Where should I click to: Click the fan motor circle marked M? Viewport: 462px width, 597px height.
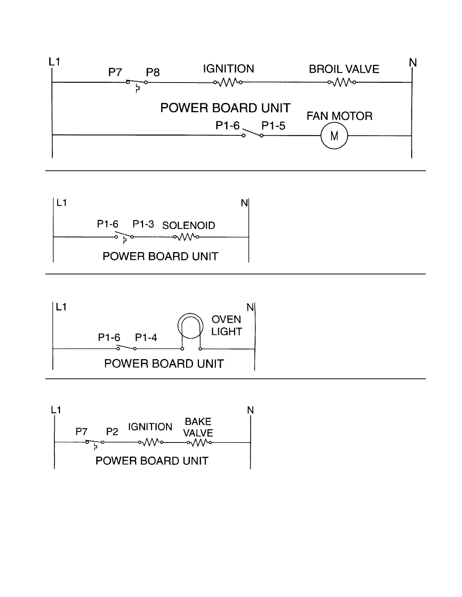334,136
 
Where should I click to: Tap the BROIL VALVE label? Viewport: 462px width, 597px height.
344,69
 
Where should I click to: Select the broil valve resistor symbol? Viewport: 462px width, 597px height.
342,82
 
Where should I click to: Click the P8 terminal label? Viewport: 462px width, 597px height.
153,72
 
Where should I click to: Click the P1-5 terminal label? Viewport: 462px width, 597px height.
273,126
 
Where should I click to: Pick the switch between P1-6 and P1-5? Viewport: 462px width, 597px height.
253,133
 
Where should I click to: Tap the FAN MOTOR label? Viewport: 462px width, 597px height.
339,116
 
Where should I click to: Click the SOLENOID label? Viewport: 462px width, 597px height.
189,226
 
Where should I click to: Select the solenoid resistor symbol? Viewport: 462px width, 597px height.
186,237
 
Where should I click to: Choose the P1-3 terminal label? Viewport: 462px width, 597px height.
143,224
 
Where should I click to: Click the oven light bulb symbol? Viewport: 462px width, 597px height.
191,326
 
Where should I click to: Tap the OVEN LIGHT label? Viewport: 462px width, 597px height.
226,326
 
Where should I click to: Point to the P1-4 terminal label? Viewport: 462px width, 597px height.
146,338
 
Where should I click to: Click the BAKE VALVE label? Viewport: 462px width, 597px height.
198,427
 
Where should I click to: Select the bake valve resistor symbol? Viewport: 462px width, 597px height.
199,443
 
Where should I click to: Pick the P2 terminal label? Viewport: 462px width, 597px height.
112,432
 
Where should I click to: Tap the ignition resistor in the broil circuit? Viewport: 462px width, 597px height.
228,82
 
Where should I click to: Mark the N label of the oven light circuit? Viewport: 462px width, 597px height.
250,308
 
